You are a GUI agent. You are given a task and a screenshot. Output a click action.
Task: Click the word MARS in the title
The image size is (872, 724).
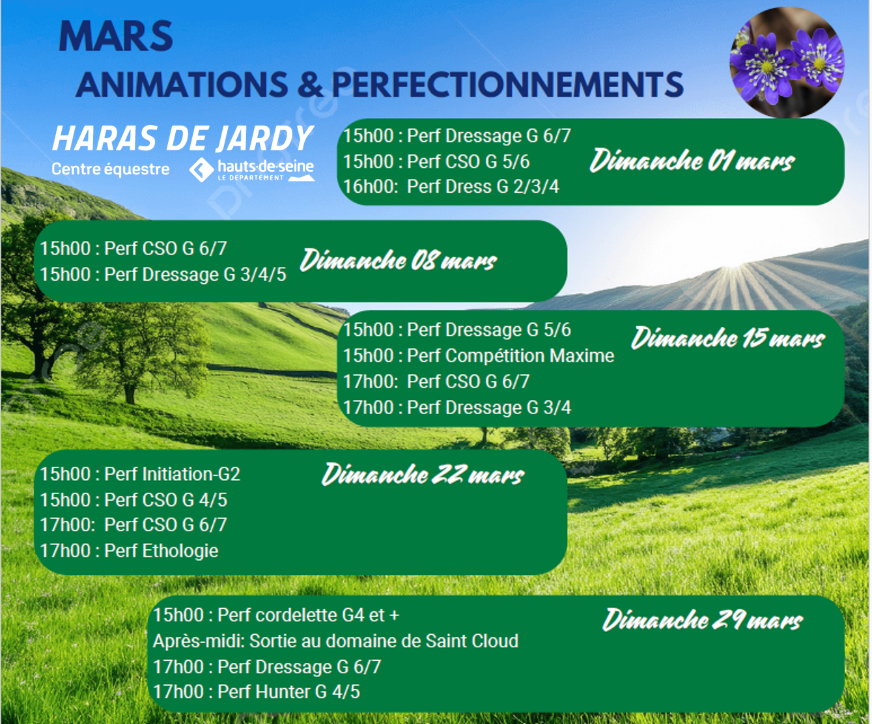[x=116, y=36]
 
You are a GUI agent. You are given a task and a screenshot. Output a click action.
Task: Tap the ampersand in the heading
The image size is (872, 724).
[x=309, y=85]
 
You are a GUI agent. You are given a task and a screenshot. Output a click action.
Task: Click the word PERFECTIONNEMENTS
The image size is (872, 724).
[x=507, y=85]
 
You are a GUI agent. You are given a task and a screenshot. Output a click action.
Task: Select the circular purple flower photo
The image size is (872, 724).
[x=787, y=62]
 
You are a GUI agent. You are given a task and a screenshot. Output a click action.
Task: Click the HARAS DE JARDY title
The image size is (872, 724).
[x=182, y=138]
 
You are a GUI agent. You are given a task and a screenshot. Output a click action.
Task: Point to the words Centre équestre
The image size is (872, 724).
[x=111, y=169]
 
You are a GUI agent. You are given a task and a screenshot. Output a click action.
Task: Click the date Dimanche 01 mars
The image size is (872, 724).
[x=692, y=160]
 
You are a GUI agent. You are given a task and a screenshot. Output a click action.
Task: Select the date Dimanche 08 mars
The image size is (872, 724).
[x=399, y=260]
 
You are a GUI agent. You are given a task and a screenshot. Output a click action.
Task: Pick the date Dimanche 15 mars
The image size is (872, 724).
[x=728, y=338]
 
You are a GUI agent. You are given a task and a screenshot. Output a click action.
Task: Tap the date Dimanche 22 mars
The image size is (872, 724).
[x=423, y=475]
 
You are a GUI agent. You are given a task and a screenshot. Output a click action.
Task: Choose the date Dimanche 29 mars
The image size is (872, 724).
[x=703, y=620]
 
